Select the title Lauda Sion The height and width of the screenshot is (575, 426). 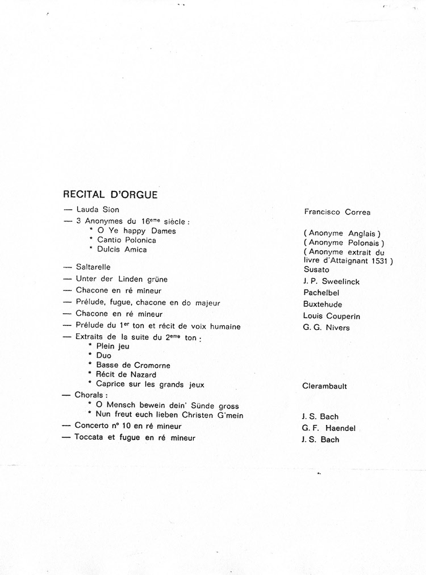click(x=98, y=209)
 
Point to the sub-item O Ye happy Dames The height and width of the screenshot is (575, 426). click(x=136, y=231)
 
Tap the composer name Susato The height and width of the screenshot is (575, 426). click(x=316, y=270)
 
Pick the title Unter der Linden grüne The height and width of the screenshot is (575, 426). click(x=122, y=279)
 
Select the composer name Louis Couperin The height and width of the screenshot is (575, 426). click(x=332, y=316)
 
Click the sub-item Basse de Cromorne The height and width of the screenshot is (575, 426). click(x=133, y=365)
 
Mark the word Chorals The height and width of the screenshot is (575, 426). click(x=91, y=394)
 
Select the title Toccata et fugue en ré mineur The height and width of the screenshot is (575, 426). click(x=135, y=438)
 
